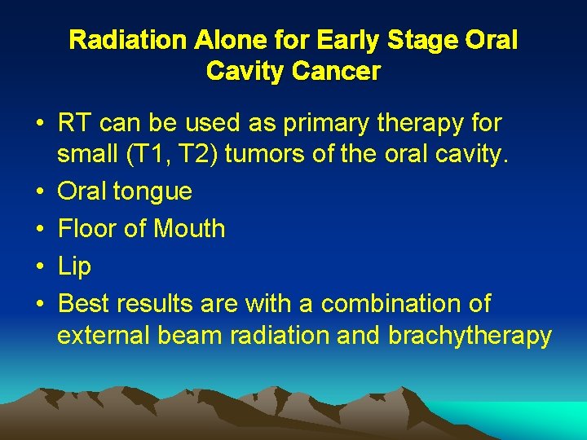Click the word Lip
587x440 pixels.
pos(75,266)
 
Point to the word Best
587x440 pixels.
pos(84,304)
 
